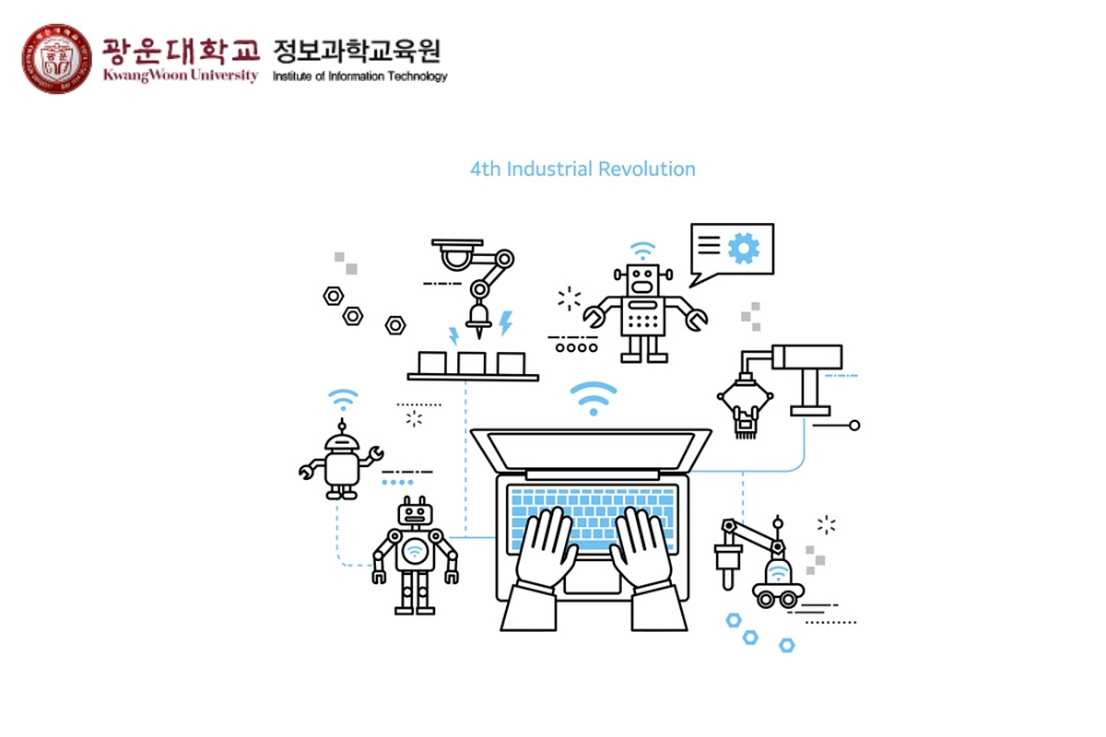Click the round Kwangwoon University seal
(56, 59)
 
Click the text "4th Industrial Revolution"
(582, 170)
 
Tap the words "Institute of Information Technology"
(359, 76)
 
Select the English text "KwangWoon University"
(181, 75)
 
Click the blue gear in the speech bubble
(743, 247)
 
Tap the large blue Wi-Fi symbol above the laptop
(593, 397)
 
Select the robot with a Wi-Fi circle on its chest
(415, 554)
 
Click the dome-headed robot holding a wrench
(341, 461)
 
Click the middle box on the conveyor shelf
(472, 362)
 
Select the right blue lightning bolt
(505, 323)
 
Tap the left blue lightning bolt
(453, 335)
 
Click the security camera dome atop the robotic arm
(455, 252)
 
